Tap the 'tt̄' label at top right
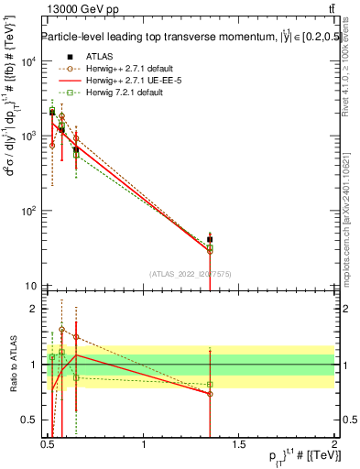click(x=328, y=8)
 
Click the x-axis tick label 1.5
click(x=239, y=445)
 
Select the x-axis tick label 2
click(x=333, y=445)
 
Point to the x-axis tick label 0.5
click(x=49, y=445)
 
